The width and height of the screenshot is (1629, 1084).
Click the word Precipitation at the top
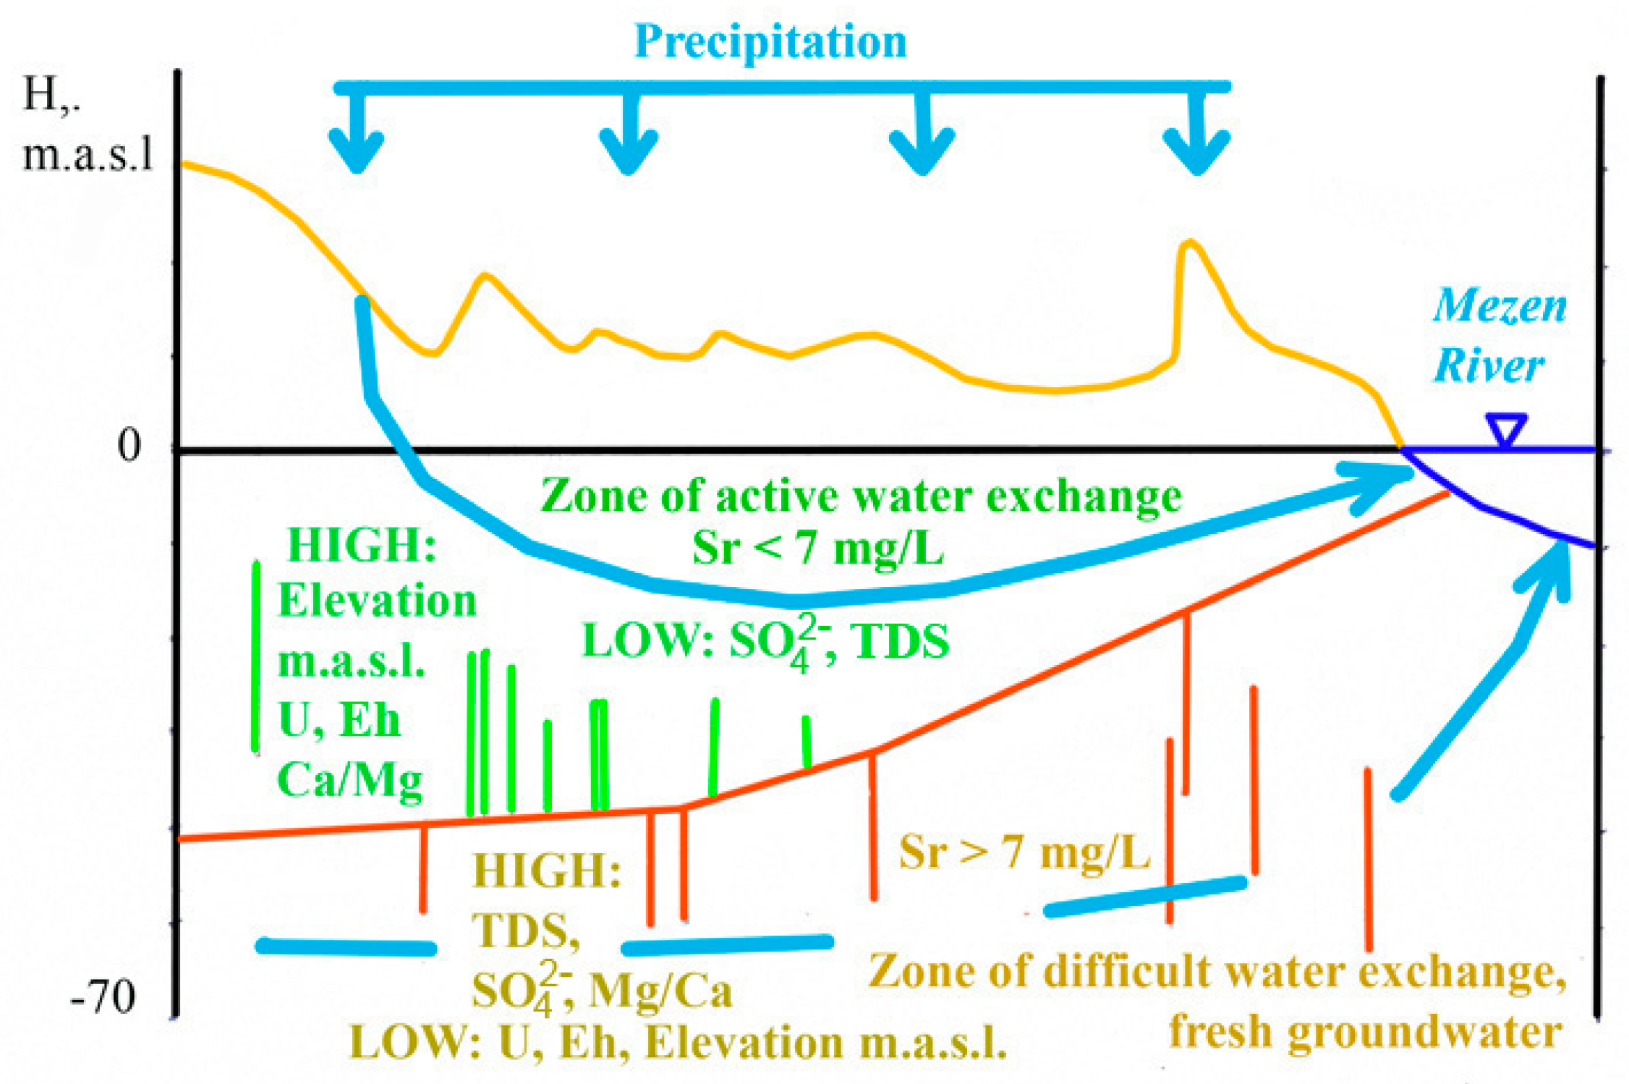tap(770, 41)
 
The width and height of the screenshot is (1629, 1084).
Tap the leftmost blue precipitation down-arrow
tap(357, 137)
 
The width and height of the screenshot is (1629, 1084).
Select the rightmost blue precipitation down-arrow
tap(1196, 137)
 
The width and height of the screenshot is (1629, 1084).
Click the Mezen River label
tap(1497, 335)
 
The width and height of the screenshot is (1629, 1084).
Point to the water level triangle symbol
tap(1506, 429)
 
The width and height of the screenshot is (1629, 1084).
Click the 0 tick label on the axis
tap(129, 446)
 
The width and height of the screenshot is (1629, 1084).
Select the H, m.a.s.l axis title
tap(87, 124)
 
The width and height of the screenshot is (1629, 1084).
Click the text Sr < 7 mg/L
tap(817, 548)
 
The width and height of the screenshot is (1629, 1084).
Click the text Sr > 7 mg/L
tap(1024, 852)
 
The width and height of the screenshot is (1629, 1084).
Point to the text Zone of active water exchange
tap(861, 497)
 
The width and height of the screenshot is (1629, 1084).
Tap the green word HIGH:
tap(362, 545)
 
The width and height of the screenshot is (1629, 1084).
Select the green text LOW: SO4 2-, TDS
tap(765, 641)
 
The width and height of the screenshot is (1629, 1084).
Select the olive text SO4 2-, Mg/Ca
tap(600, 990)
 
